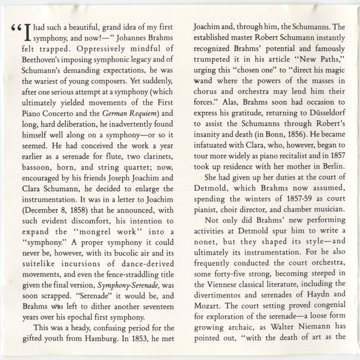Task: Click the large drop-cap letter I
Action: point(25,31)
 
